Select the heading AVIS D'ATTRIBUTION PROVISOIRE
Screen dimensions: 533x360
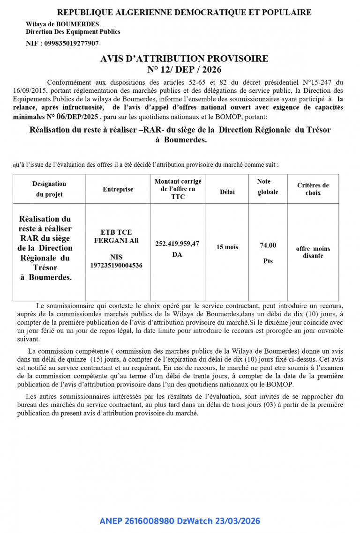point(184,59)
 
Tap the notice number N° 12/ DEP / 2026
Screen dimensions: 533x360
point(184,69)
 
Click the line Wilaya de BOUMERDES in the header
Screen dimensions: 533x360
point(62,24)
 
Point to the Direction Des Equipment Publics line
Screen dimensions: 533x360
point(73,32)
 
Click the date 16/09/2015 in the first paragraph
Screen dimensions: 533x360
point(30,90)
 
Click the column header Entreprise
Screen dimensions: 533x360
point(118,189)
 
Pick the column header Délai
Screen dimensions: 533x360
point(227,192)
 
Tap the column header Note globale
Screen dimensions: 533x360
point(268,186)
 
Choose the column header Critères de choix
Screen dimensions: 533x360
point(313,189)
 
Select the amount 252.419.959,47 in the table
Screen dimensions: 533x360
point(177,244)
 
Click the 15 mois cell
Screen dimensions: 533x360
point(227,247)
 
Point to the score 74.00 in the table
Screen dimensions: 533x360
point(268,245)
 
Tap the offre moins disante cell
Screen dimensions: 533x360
point(313,252)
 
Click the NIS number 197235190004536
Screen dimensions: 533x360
point(116,266)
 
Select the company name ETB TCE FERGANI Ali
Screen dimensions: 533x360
point(116,236)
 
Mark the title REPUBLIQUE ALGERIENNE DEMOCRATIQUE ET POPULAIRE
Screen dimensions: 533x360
point(184,13)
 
